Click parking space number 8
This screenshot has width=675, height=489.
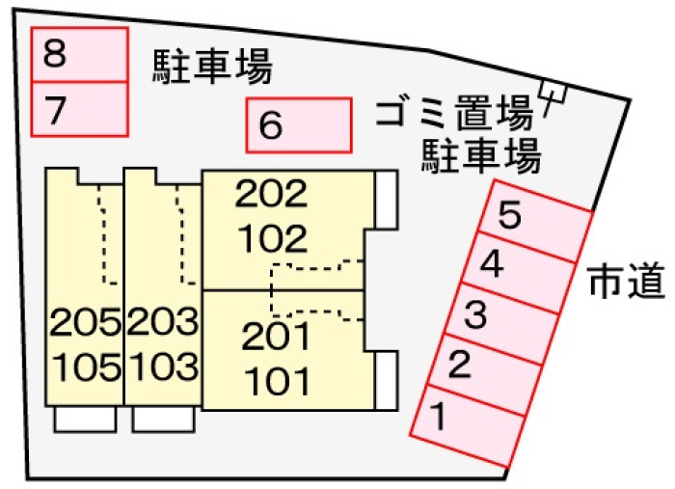click(x=79, y=55)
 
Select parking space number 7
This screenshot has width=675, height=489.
click(x=79, y=109)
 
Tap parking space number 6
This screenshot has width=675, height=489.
click(x=299, y=125)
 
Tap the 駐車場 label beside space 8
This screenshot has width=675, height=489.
click(x=212, y=66)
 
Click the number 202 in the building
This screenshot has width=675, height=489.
click(x=271, y=196)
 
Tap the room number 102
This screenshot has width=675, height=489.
click(x=271, y=237)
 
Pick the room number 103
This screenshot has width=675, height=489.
click(x=162, y=366)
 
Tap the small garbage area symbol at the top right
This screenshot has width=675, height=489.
click(x=554, y=93)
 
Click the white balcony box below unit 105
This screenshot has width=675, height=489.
click(x=85, y=419)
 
